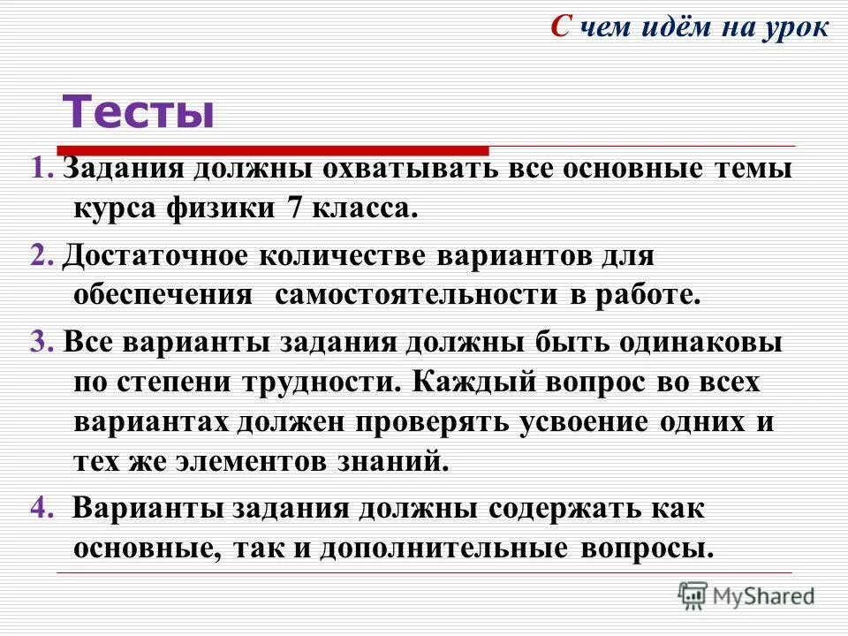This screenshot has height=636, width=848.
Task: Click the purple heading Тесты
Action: pyautogui.click(x=138, y=112)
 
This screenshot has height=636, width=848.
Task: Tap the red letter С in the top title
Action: pyautogui.click(x=560, y=26)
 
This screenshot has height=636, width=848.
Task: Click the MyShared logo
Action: pyautogui.click(x=746, y=594)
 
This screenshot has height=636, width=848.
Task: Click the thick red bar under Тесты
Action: pyautogui.click(x=273, y=150)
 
